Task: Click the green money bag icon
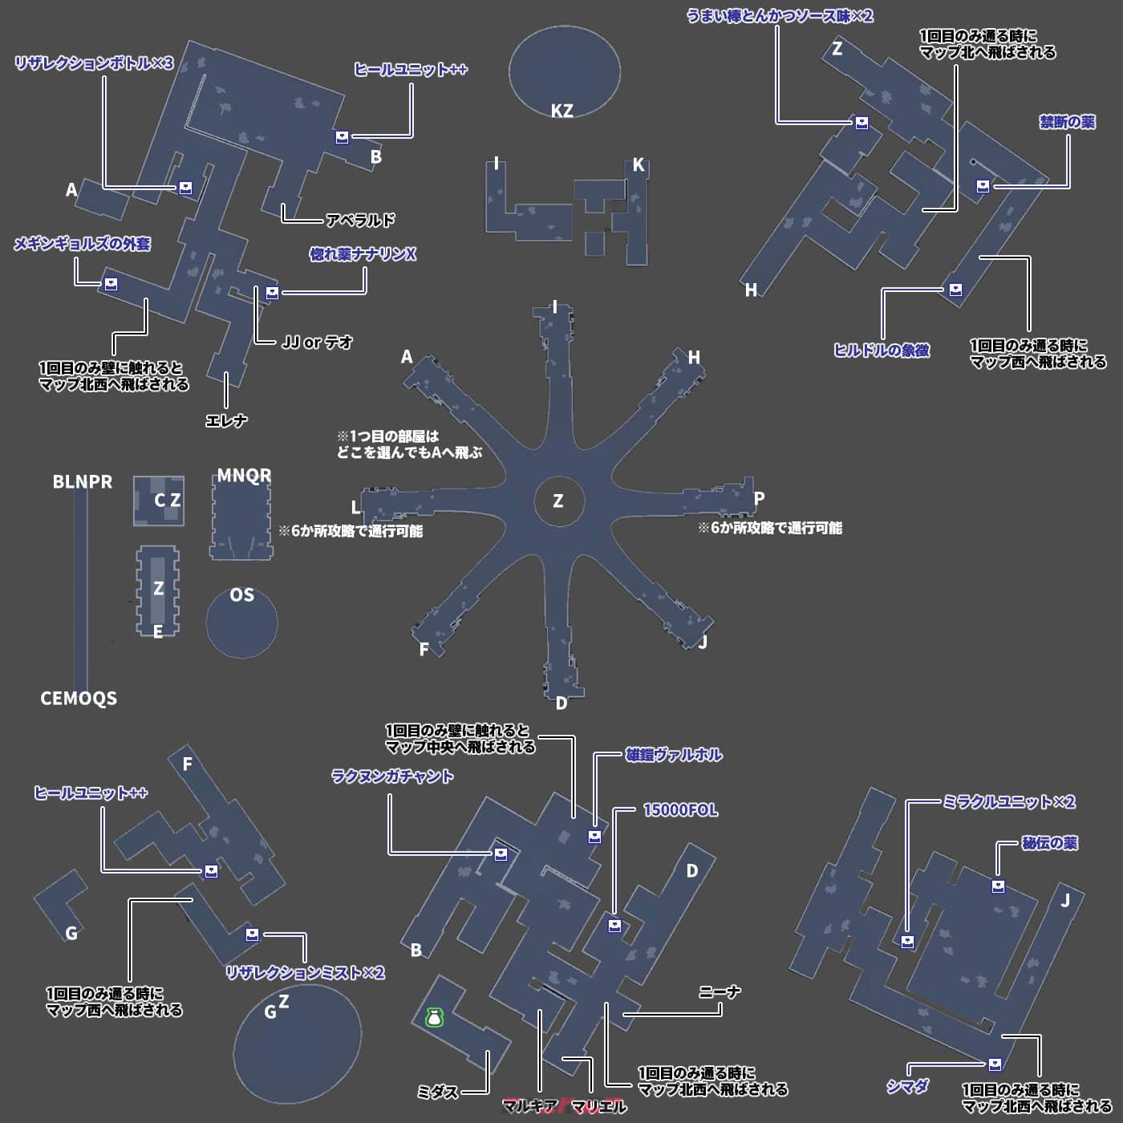point(434,1018)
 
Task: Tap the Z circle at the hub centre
point(558,501)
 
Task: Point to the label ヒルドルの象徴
point(882,351)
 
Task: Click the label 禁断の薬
point(1067,122)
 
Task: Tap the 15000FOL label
point(680,810)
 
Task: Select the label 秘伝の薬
point(1049,843)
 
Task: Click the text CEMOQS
point(79,699)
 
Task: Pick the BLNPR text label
point(83,482)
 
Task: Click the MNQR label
point(244,476)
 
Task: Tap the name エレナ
point(226,420)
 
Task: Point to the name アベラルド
point(360,220)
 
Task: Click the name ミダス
point(437,1092)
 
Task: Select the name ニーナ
point(719,992)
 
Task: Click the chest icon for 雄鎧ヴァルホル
point(594,837)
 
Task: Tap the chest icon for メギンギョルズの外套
point(111,284)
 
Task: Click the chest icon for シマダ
point(995,1064)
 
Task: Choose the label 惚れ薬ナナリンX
point(363,254)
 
